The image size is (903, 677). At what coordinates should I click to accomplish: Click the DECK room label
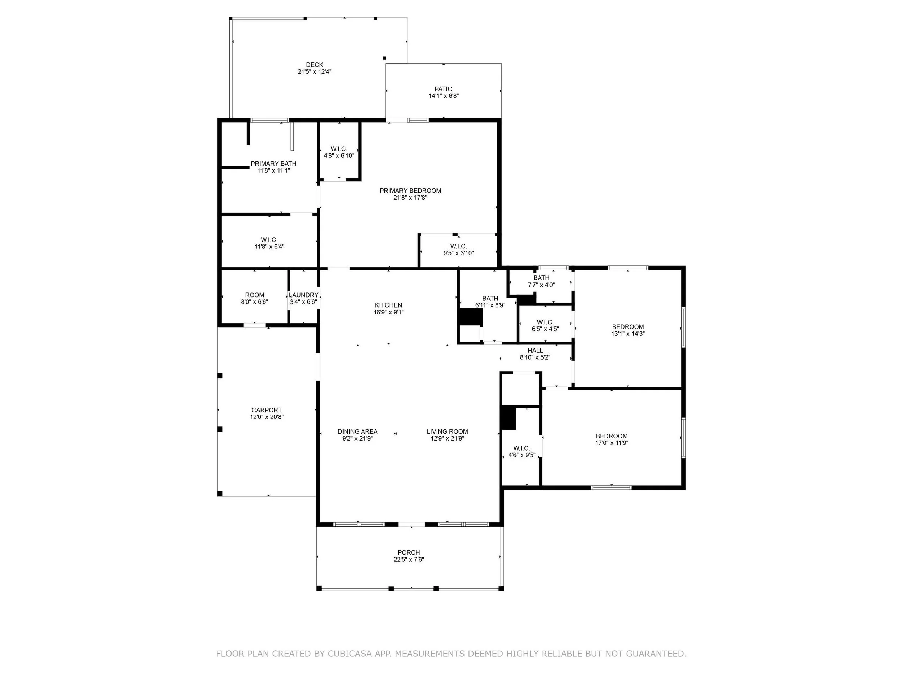[x=314, y=65]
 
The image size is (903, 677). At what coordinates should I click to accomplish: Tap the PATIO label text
[x=443, y=89]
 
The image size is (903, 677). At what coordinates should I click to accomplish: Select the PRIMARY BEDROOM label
[x=410, y=191]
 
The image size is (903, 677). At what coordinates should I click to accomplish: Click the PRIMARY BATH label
[x=273, y=164]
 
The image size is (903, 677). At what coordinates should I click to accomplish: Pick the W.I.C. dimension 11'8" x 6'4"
[x=269, y=247]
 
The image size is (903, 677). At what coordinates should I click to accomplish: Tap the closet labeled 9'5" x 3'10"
[x=458, y=249]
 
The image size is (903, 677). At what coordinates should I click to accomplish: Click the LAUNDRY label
[x=303, y=295]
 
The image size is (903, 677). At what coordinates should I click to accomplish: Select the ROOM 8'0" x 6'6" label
[x=254, y=298]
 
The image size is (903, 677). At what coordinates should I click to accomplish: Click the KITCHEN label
[x=389, y=305]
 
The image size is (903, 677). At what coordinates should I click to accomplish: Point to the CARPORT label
[x=267, y=410]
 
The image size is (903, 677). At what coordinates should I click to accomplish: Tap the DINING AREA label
[x=358, y=431]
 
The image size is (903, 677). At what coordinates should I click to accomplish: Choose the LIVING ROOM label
[x=448, y=431]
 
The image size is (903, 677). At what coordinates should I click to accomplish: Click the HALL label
[x=535, y=351]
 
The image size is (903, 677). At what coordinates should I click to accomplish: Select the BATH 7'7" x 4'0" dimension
[x=541, y=285]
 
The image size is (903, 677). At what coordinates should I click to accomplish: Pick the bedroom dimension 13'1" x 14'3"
[x=628, y=333]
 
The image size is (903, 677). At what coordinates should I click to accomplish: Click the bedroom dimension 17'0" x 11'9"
[x=612, y=442]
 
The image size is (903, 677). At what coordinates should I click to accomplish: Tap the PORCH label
[x=409, y=552]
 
